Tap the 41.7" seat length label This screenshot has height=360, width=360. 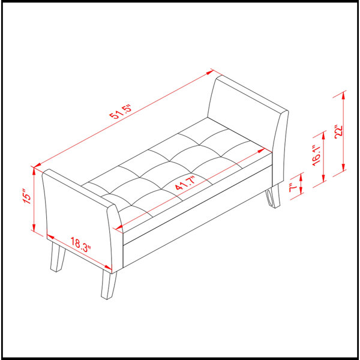pyautogui.click(x=185, y=183)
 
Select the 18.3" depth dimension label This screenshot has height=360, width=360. pyautogui.click(x=80, y=245)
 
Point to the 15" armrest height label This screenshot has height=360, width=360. pyautogui.click(x=27, y=196)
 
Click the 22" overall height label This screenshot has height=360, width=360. pyautogui.click(x=338, y=132)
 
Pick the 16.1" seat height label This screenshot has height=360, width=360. pyautogui.click(x=316, y=155)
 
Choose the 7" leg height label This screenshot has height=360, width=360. pyautogui.click(x=293, y=188)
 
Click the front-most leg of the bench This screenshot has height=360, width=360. pyautogui.click(x=109, y=284)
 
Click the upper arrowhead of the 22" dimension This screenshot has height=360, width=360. pyautogui.click(x=343, y=95)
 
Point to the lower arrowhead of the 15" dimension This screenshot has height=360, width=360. pyautogui.click(x=34, y=227)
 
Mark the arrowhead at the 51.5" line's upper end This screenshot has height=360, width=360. pyautogui.click(x=211, y=73)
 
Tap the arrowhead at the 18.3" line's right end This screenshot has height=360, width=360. pyautogui.click(x=108, y=267)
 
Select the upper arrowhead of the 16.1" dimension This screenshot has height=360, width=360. pyautogui.click(x=323, y=136)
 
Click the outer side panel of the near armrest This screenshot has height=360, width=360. pyautogui.click(x=79, y=218)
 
